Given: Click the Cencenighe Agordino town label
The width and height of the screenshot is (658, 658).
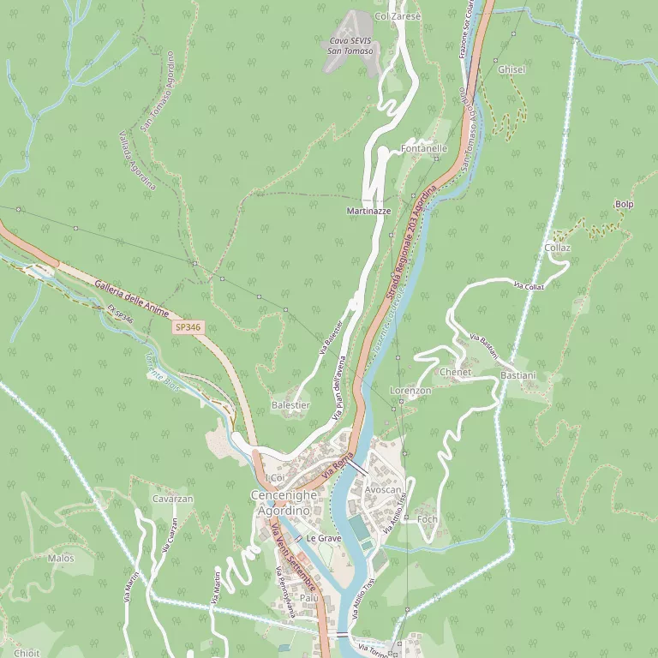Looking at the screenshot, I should tap(284, 503).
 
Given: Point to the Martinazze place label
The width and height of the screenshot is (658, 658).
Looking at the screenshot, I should tap(368, 211).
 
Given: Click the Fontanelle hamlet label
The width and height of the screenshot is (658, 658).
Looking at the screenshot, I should tap(424, 149).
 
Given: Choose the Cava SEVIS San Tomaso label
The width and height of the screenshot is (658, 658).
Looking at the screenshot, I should tap(351, 46).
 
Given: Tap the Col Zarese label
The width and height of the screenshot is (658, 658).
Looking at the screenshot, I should tap(398, 16).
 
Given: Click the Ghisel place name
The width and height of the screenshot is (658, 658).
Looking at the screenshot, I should tap(511, 69).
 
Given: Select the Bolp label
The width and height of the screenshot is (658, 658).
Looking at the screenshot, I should tap(625, 204).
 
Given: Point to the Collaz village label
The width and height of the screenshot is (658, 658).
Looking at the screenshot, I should tap(557, 248).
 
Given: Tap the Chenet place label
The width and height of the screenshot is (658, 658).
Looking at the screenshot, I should tap(455, 373).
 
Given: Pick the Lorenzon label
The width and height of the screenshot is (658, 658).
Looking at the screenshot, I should tap(410, 391).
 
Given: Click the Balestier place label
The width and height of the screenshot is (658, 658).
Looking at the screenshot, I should tap(290, 404).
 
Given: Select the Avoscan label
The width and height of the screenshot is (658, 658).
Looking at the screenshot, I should tap(382, 490).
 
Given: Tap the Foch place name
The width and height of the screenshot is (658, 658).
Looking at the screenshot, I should tap(427, 520).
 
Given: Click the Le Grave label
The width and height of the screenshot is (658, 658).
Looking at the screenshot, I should tap(324, 538).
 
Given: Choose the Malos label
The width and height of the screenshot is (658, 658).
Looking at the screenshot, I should tap(61, 559).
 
